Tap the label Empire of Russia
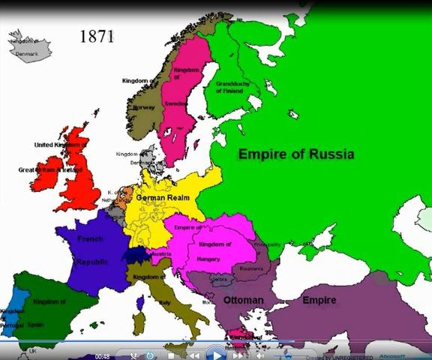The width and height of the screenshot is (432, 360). click(x=295, y=154)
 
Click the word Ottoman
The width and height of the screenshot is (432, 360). click(x=244, y=300)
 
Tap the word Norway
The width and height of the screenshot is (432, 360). click(x=143, y=106)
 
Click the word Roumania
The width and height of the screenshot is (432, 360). click(x=253, y=267)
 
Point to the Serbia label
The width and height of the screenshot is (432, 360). click(x=219, y=280)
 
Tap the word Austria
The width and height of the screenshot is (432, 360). click(x=161, y=253)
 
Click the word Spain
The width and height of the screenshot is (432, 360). click(x=35, y=325)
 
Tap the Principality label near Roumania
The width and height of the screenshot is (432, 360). click(x=267, y=244)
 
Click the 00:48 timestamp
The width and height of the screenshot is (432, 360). click(x=102, y=355)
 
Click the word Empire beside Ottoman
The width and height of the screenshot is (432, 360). click(x=319, y=300)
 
